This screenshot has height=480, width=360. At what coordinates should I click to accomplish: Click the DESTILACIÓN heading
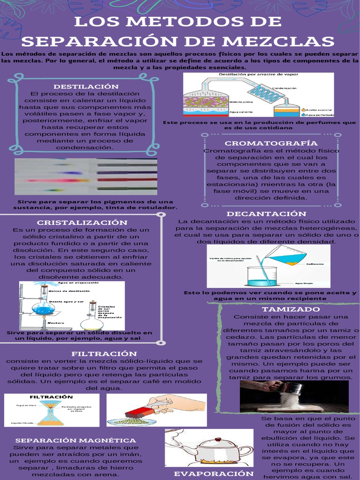(x=86, y=87)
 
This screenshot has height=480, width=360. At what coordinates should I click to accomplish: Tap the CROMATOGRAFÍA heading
(x=271, y=143)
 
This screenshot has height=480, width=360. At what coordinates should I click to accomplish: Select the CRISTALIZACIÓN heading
(x=82, y=222)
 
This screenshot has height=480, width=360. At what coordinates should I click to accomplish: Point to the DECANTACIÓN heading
(x=266, y=214)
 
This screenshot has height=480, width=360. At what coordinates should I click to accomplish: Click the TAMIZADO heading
(x=291, y=309)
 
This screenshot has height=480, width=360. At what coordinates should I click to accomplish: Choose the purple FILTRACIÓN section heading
(x=104, y=353)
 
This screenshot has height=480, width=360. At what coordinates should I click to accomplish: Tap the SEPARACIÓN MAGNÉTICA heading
(x=75, y=440)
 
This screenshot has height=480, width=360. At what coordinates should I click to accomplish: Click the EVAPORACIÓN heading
(x=210, y=473)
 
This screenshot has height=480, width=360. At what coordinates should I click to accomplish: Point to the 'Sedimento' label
(x=315, y=264)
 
